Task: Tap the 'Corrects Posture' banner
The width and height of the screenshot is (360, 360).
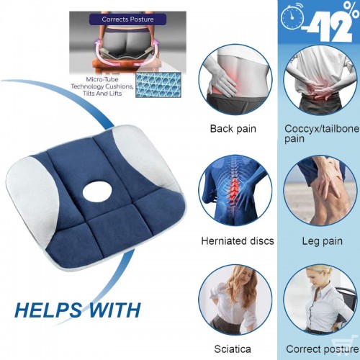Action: coord(127,19)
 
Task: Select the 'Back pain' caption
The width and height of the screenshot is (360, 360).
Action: coord(233,129)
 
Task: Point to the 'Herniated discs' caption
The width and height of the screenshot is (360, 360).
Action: coord(238,240)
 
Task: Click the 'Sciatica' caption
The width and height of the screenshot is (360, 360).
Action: coord(233,349)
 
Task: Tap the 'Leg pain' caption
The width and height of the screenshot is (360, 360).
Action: coord(322,241)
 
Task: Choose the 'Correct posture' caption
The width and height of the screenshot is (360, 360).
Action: coord(323,349)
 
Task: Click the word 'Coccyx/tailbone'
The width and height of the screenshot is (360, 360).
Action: coord(322,129)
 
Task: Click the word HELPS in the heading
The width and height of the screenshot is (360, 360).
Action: coord(48,310)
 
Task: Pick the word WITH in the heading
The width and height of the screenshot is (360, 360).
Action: coord(114,310)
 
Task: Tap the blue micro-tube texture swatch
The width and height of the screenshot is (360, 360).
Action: coord(158,85)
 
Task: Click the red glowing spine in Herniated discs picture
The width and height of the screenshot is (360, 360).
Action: coord(233,192)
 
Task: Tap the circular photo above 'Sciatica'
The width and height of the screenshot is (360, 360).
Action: coord(235,300)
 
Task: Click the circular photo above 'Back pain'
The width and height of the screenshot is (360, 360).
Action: coord(235,80)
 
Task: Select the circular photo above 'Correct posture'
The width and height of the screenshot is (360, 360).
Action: coord(320,300)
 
